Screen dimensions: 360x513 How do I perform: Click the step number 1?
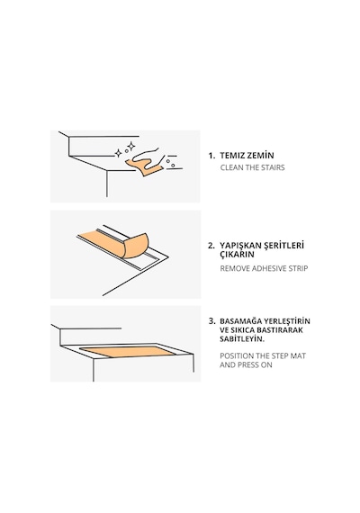(x=211, y=156)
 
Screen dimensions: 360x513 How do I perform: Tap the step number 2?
(x=211, y=246)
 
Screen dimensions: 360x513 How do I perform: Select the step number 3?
(x=211, y=321)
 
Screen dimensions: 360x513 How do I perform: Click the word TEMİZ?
(x=232, y=156)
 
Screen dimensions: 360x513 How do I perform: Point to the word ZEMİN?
(x=260, y=156)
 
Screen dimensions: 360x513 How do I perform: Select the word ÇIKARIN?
(x=237, y=255)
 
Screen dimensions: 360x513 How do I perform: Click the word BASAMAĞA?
(x=241, y=321)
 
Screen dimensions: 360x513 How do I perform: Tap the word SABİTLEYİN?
(x=242, y=339)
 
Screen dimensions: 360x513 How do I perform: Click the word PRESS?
(x=248, y=364)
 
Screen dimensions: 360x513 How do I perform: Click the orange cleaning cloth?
(x=144, y=166)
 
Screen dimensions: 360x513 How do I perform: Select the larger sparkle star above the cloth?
(x=130, y=146)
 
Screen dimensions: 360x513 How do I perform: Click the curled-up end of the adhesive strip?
(x=136, y=246)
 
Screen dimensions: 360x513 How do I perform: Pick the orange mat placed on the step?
(x=128, y=352)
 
